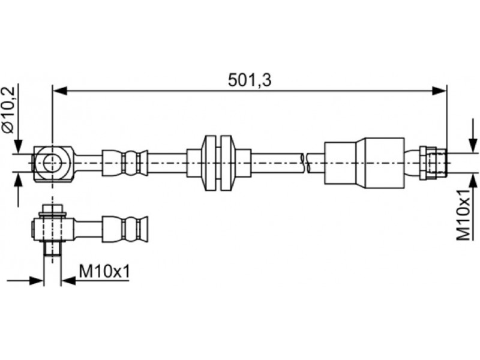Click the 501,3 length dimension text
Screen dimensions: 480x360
[250, 80]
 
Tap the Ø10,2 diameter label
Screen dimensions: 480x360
[8, 110]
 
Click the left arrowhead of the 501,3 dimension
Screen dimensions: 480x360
[59, 91]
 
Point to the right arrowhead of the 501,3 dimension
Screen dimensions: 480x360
[439, 91]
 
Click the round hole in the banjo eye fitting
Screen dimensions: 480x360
[53, 163]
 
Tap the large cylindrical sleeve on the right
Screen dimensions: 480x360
[365, 163]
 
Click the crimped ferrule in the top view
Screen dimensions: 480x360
[125, 163]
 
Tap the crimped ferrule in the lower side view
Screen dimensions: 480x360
[125, 229]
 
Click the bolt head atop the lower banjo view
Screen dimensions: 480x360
[53, 209]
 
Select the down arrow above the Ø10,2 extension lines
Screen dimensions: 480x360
[19, 146]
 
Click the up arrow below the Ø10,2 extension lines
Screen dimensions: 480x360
[19, 179]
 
